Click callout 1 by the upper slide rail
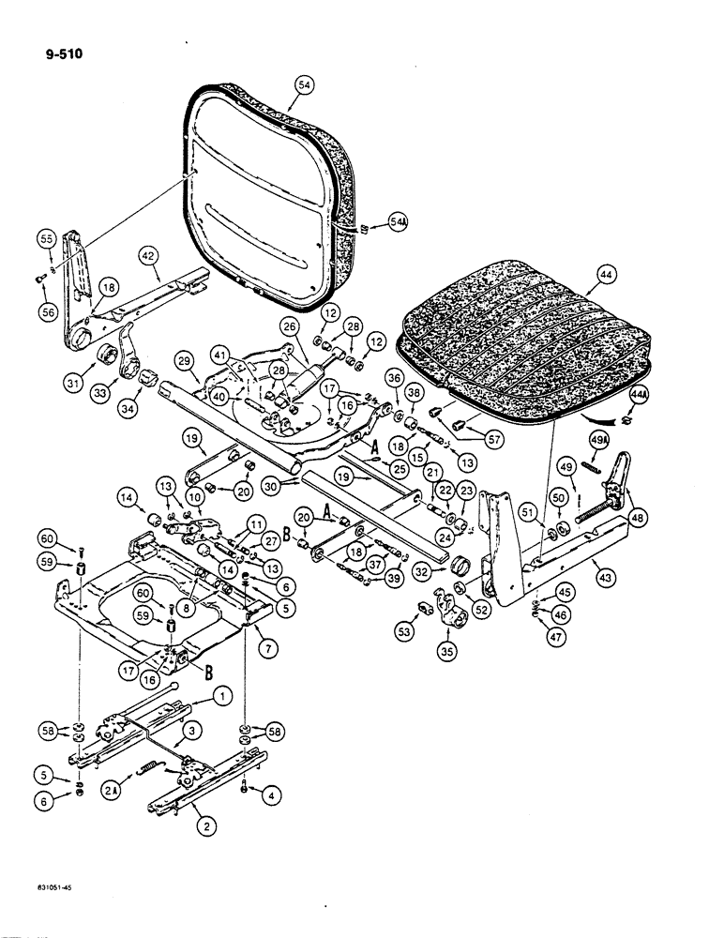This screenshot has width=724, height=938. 222,695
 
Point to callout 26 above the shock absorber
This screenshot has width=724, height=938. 290,327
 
